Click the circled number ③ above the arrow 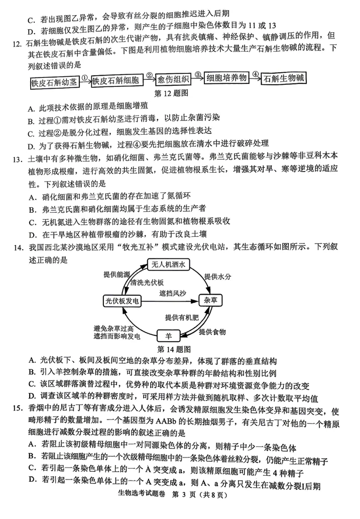point(198,74)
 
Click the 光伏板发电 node point(122,300)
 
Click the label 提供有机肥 point(182,318)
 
